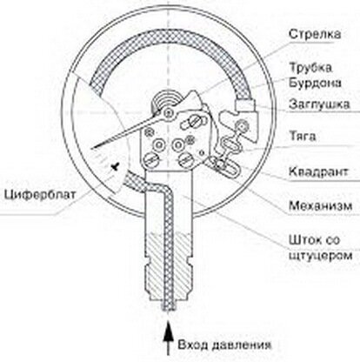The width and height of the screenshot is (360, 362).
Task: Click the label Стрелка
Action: (x=315, y=34)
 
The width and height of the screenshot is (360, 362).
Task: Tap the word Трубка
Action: (x=310, y=68)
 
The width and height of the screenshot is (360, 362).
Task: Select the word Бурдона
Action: (x=315, y=83)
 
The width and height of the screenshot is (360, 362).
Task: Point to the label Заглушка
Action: (x=319, y=104)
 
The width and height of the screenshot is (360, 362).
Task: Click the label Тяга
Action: (x=303, y=136)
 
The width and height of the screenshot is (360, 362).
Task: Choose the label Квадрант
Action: (x=318, y=171)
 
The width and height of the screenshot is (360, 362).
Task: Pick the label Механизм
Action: (x=320, y=205)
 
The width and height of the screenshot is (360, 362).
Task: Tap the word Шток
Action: (x=304, y=240)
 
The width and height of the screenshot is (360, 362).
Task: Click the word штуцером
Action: (x=321, y=256)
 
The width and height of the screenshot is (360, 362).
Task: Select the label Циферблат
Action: (x=40, y=194)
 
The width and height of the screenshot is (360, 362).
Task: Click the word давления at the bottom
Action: (x=242, y=345)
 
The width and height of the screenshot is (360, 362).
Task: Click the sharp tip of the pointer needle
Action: (x=91, y=149)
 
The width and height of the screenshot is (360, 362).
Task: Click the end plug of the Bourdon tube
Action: (x=245, y=104)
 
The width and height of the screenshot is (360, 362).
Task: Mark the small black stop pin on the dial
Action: (x=116, y=166)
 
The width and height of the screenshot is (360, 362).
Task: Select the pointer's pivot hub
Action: (x=169, y=112)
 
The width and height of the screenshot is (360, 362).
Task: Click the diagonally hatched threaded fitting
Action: (x=168, y=267)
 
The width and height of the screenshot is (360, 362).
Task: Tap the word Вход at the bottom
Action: (x=193, y=345)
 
